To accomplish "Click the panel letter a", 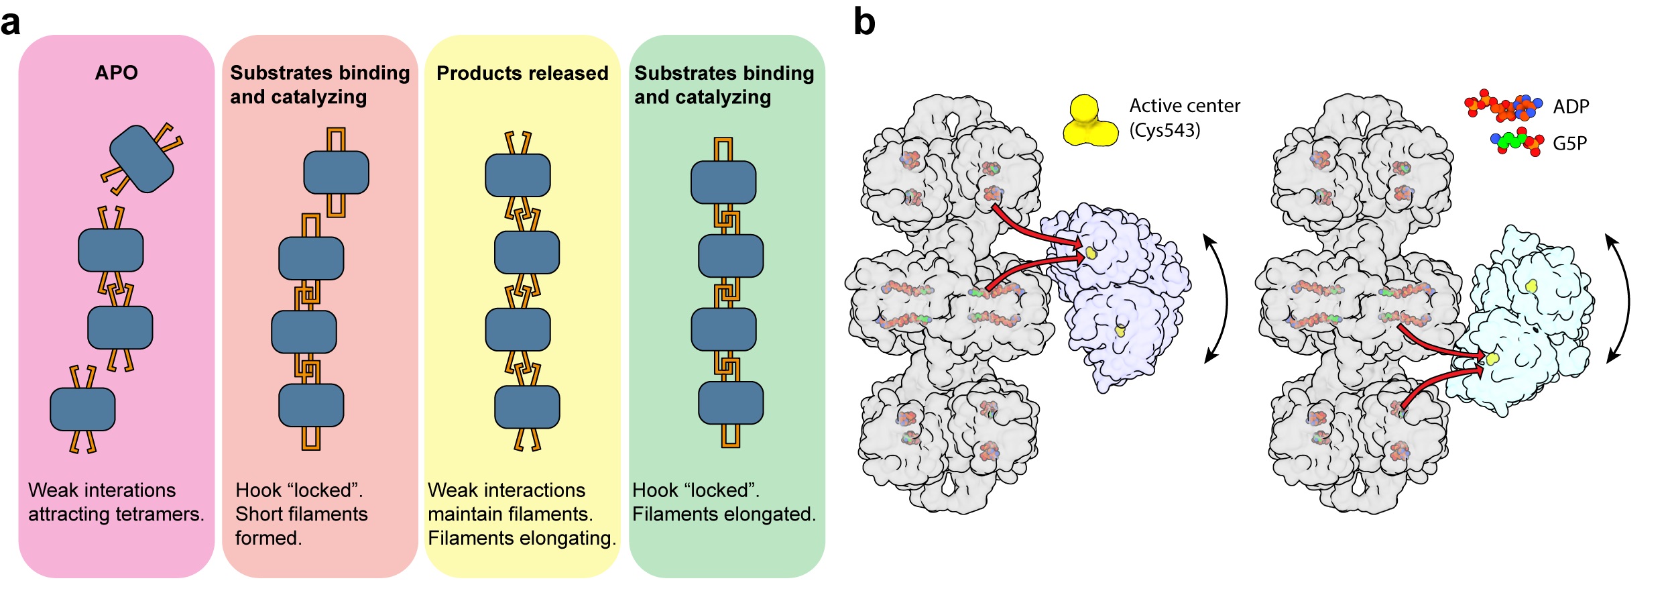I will coord(11,23).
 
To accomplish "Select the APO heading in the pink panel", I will coord(116,72).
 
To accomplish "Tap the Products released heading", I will coord(522,73).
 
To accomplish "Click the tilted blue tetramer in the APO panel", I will coord(141,159).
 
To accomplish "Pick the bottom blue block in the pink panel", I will coord(82,409).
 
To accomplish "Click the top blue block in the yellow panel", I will coord(518,175).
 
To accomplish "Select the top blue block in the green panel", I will coord(723,182).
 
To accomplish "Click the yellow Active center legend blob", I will coord(1089,122).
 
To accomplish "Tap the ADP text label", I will coord(1571,107).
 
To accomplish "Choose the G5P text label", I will coord(1569,144).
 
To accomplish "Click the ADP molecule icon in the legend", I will coord(1502,106).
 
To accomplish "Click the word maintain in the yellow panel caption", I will coord(463,514).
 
